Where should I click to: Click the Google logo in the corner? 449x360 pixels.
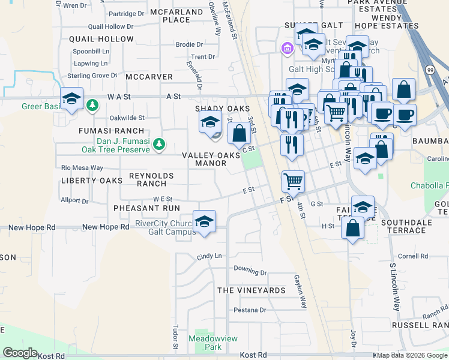coord(20,353)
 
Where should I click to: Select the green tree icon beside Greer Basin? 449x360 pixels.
coord(92,106)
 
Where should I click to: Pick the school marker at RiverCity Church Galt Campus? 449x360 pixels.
coord(205,221)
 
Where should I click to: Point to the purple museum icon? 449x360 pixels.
coord(287,48)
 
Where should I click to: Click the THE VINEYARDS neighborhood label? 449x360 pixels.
coord(252,290)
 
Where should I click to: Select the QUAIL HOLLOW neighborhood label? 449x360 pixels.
coord(101,39)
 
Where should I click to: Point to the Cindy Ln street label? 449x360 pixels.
coord(209,256)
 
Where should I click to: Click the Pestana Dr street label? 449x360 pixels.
coord(250,310)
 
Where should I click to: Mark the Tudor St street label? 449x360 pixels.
coord(176,337)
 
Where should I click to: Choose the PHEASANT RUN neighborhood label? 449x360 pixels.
coord(146,208)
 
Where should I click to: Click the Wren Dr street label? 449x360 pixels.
coord(74,5)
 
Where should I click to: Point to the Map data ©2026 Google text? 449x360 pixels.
coord(412,356)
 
